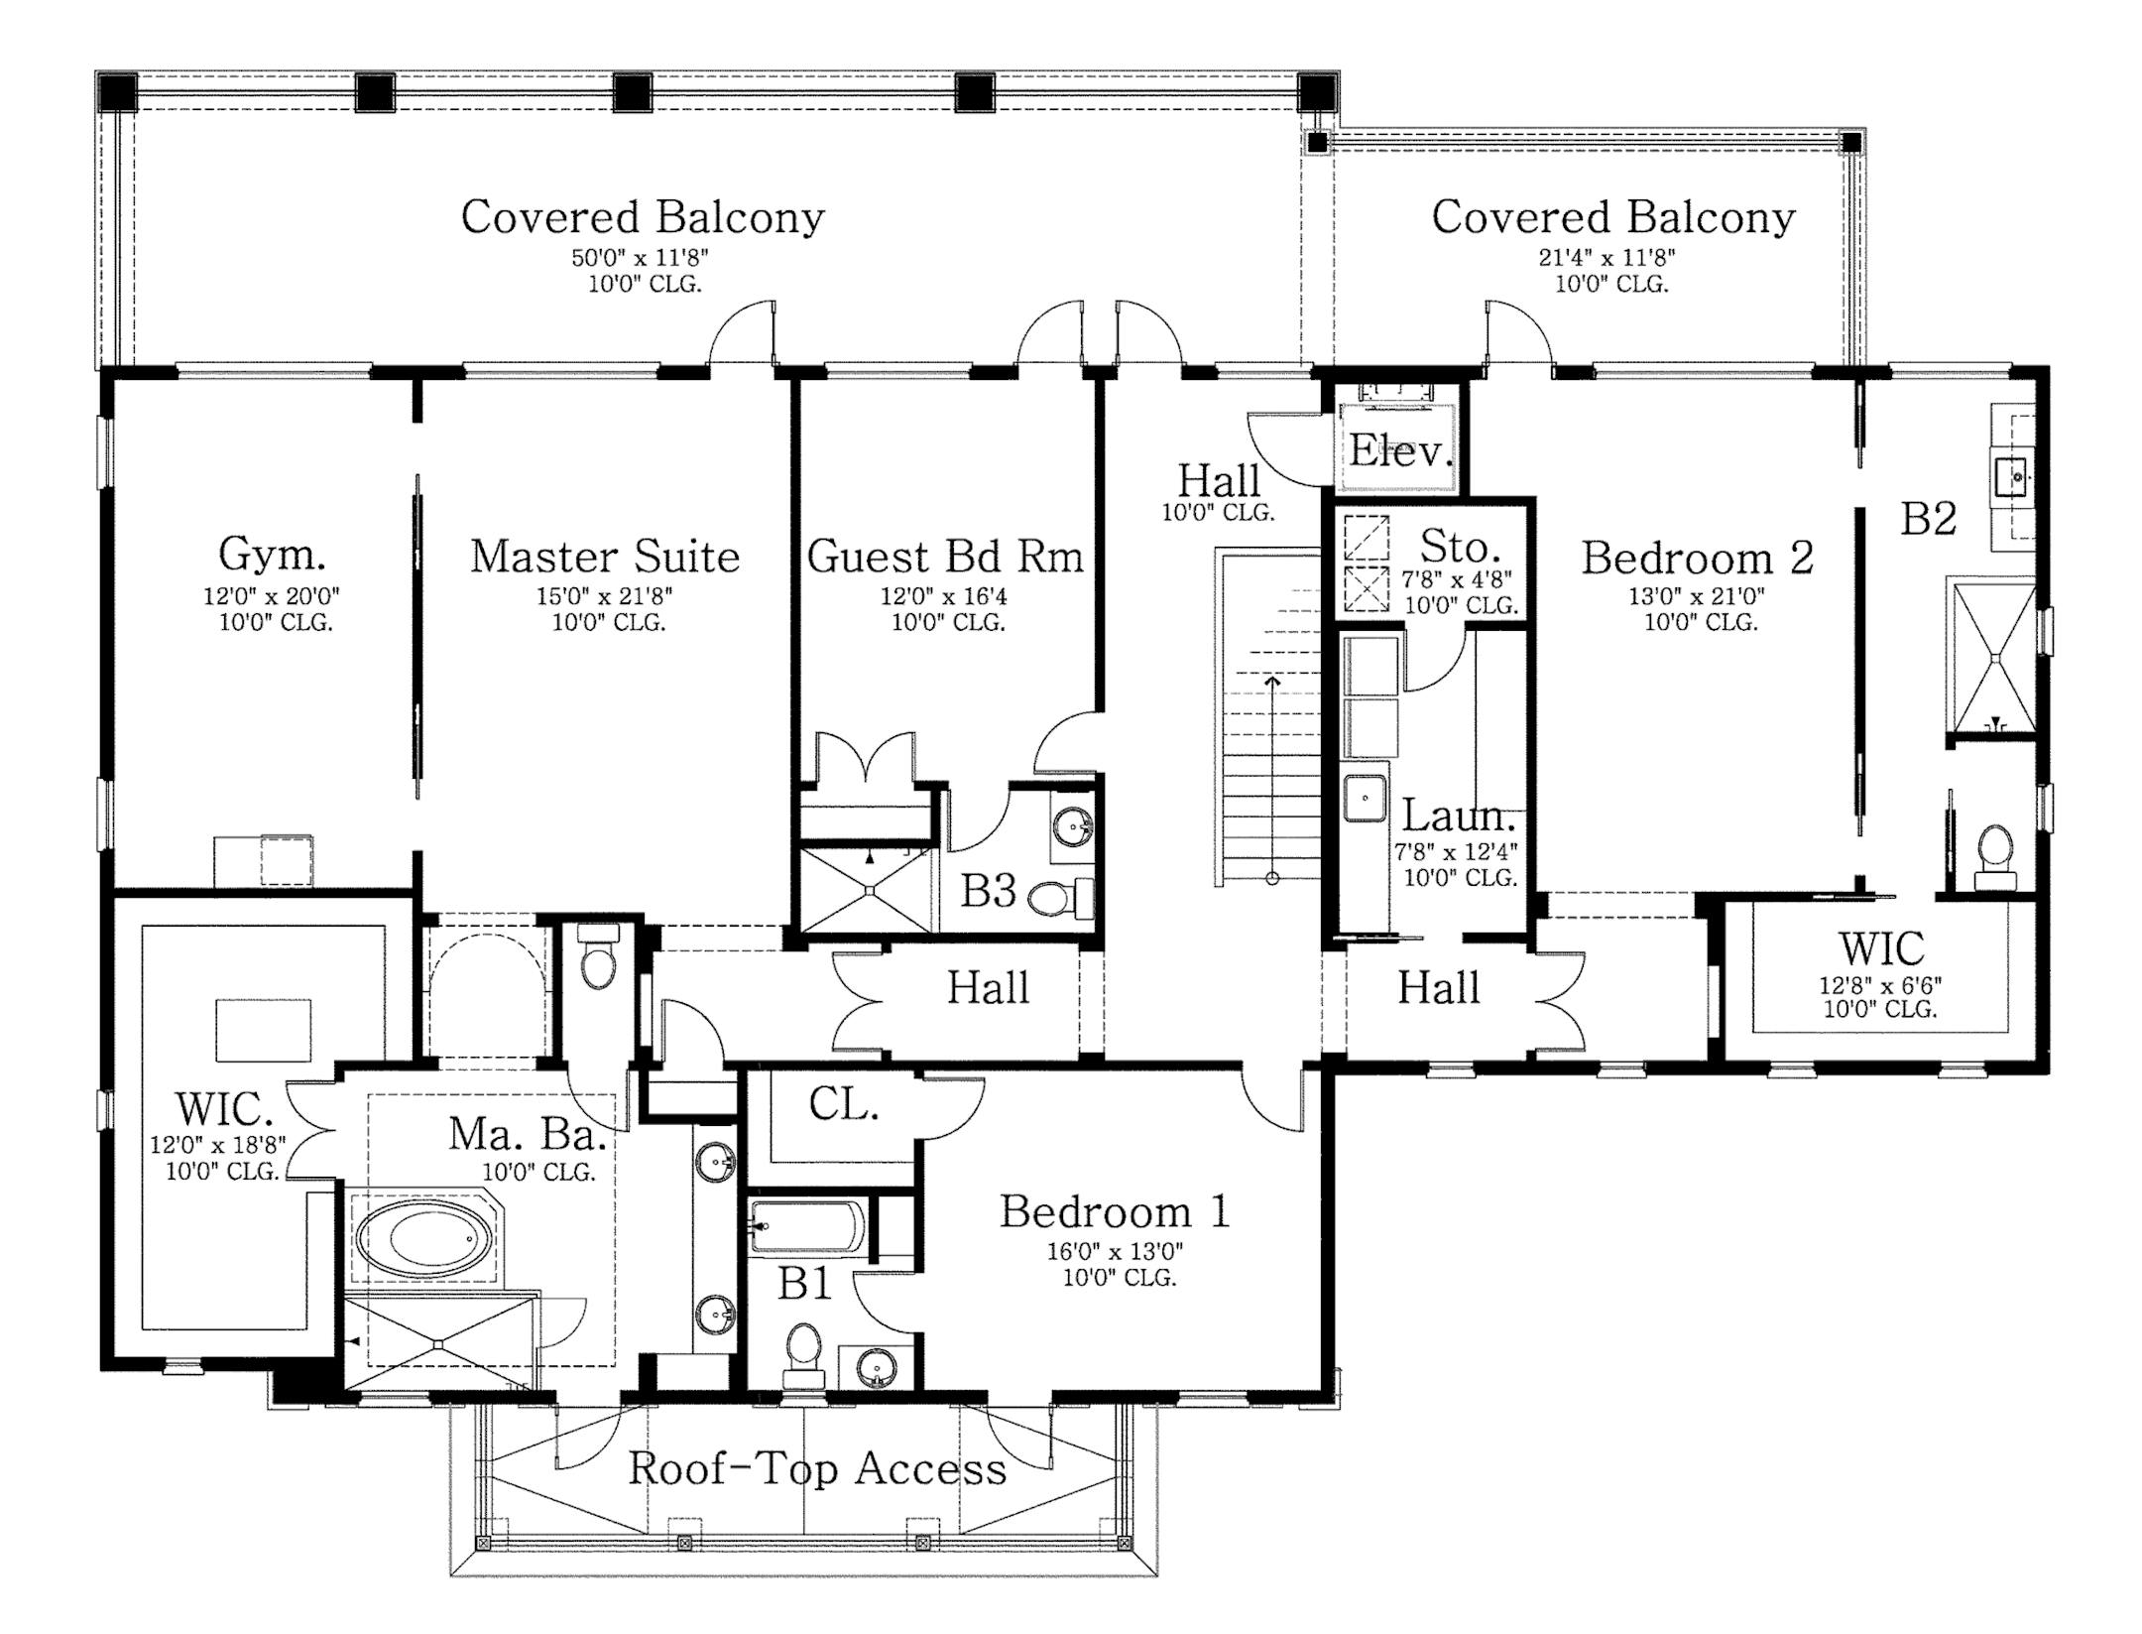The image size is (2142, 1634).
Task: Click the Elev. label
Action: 1399,451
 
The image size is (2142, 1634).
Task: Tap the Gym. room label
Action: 272,555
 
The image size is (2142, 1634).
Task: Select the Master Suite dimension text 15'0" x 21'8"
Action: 607,596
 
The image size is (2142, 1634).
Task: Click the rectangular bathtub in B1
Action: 806,1227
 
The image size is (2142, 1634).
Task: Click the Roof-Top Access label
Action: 817,1469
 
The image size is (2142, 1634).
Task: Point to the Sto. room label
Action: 1459,547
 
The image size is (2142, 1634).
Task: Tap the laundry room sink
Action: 1365,798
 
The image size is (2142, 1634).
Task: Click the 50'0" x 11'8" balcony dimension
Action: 640,258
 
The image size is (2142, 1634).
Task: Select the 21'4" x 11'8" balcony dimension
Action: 1606,258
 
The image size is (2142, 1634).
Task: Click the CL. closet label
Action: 843,1104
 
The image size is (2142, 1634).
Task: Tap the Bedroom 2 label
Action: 1697,558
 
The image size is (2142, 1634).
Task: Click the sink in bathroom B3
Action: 1071,824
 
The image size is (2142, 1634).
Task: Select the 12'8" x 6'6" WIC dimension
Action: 1879,985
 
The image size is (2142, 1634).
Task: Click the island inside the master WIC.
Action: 263,1030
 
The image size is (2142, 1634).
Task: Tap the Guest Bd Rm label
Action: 944,557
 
